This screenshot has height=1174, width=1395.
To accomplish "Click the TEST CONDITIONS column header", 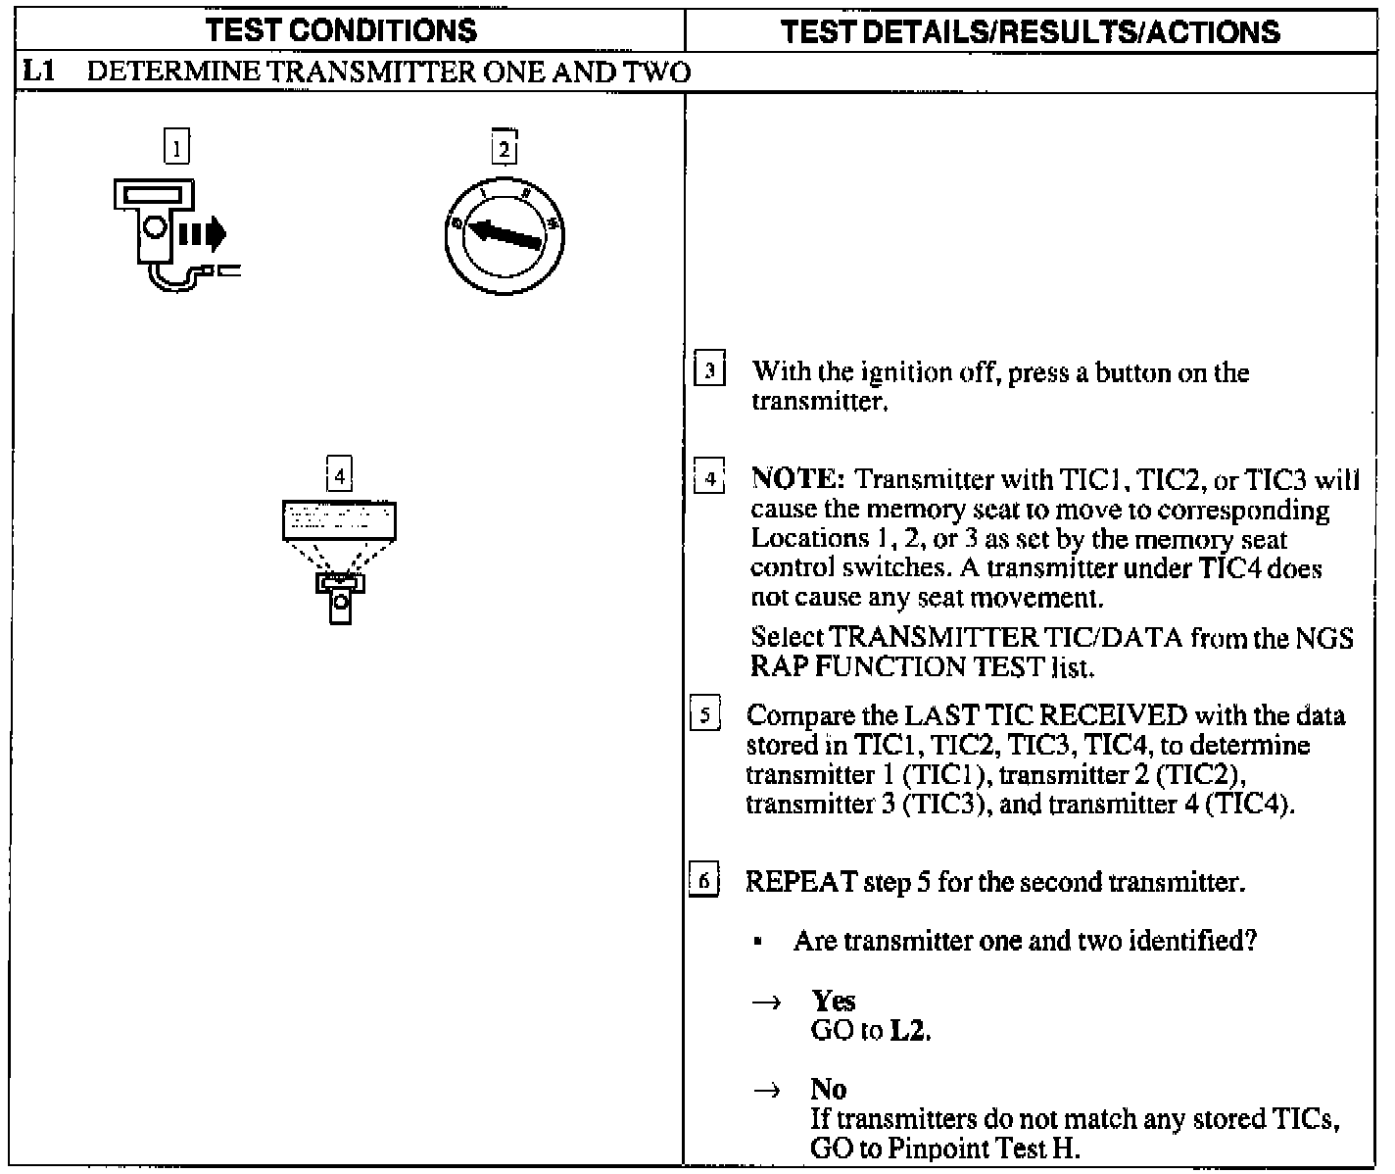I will coord(343,31).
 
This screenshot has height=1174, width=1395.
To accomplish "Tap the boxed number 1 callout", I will coord(176,148).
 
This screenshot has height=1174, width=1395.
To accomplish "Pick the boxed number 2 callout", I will coord(504,149).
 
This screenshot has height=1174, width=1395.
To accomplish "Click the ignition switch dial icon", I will coord(505,235).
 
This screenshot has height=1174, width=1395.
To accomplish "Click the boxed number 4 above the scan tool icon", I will coord(339,476).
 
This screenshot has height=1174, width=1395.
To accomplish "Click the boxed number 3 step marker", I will coord(709,372).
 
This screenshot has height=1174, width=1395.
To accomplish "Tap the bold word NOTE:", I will coord(797,479).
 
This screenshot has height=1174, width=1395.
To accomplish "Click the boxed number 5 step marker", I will coord(705,714).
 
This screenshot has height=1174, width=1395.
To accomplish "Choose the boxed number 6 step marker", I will coord(705,882).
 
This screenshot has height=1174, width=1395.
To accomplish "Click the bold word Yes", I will coord(833,1001).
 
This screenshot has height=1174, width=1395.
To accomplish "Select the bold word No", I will coord(829,1089).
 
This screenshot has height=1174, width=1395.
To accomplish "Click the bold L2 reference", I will coord(907,1031).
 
